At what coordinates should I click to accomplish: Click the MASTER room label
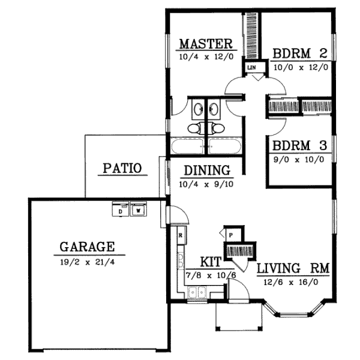point(206,44)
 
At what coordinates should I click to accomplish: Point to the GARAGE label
point(87,246)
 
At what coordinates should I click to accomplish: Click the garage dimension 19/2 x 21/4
point(88,262)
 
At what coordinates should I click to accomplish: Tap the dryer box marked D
point(120,211)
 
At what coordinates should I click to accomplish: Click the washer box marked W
point(139,211)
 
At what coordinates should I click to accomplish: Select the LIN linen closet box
point(251,68)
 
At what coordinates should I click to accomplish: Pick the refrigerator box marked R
point(180,235)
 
